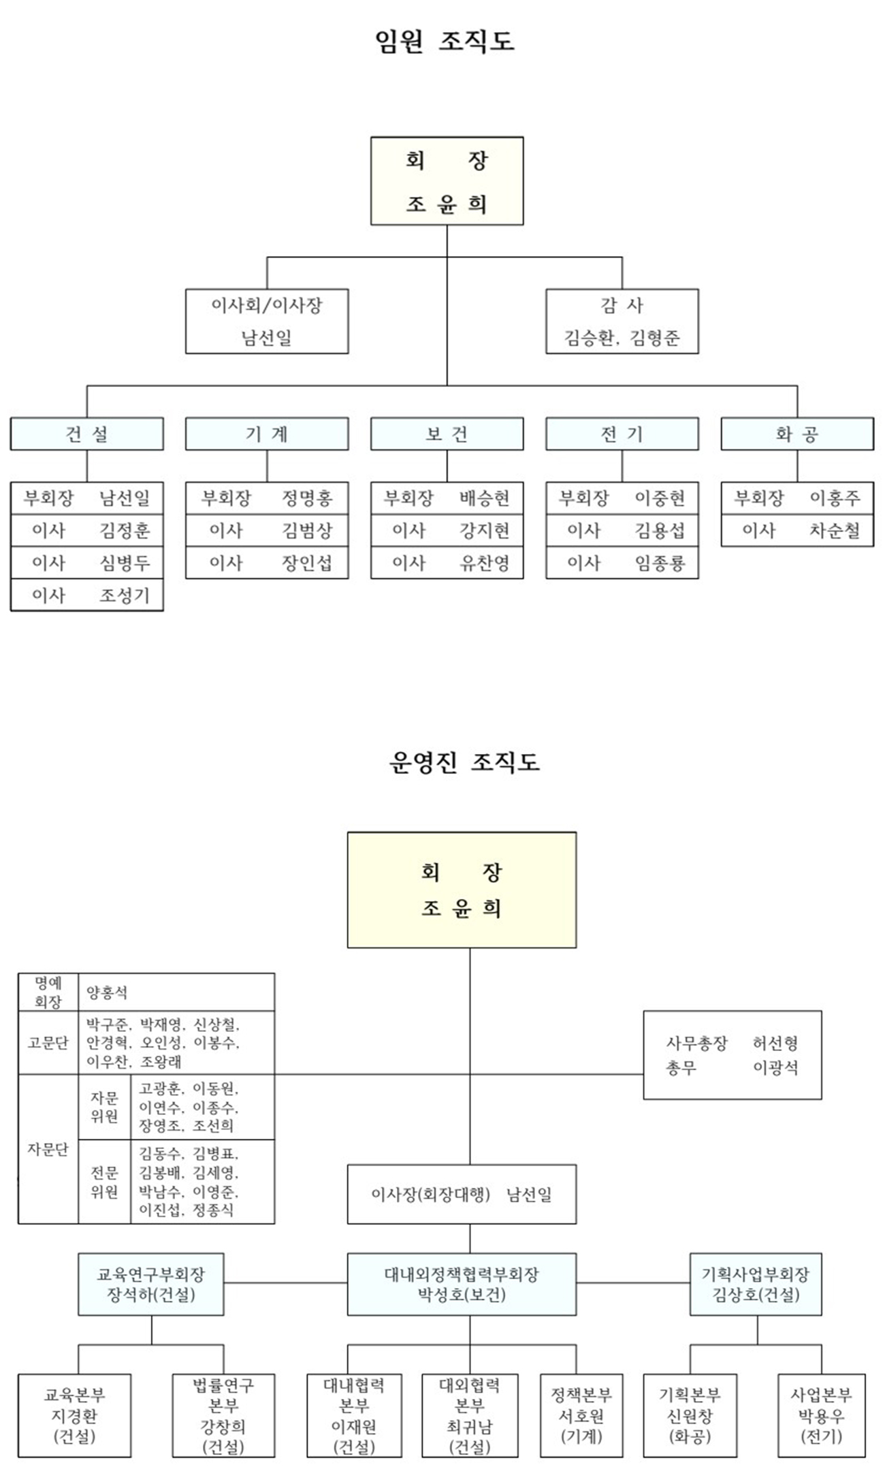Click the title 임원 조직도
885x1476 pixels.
(x=445, y=42)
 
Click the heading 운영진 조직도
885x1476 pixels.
(x=464, y=761)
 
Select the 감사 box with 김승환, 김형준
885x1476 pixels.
(x=622, y=321)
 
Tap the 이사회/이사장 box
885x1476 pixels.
(x=267, y=321)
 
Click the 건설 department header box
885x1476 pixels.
(x=86, y=434)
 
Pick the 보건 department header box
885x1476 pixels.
(x=447, y=434)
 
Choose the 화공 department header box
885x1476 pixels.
(x=796, y=434)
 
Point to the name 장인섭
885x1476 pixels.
(x=307, y=563)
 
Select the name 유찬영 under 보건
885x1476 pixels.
(x=485, y=563)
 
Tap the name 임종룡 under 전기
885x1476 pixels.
(x=660, y=563)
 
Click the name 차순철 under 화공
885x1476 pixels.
(x=835, y=530)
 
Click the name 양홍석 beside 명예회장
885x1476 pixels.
(x=107, y=992)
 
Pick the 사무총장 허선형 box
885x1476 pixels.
(x=732, y=1055)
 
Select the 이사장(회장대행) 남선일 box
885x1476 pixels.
(x=462, y=1194)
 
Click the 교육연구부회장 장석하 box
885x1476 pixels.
(x=151, y=1284)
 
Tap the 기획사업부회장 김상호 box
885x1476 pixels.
(x=756, y=1284)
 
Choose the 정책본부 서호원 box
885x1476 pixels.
(x=581, y=1415)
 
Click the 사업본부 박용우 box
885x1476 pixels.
(x=821, y=1415)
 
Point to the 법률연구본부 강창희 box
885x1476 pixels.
(x=223, y=1415)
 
